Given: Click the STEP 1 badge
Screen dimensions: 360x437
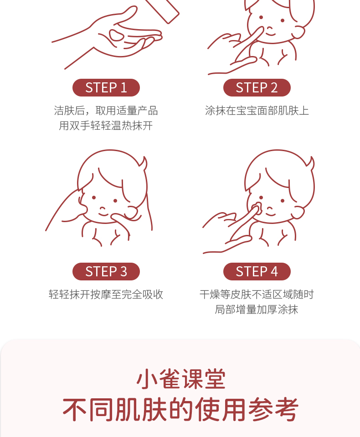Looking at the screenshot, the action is [106, 88].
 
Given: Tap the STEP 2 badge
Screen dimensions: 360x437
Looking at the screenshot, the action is [257, 88].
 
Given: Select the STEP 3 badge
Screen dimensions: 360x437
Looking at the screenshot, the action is [106, 271].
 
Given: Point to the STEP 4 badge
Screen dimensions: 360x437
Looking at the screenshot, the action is [257, 271].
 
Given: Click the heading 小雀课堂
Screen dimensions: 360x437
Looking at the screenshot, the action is [181, 379].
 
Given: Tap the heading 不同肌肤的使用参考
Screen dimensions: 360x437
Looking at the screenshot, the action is [180, 410].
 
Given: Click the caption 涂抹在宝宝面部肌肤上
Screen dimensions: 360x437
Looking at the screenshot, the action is [257, 111].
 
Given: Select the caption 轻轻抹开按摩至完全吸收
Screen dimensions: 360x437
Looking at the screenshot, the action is [106, 295].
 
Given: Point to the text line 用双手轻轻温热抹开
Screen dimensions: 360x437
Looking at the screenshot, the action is [106, 126].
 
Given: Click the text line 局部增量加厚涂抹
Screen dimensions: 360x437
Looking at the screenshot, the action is [257, 310].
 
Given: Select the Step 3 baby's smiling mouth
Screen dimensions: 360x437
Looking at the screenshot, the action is [103, 214].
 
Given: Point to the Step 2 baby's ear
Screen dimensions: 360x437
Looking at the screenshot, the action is [298, 32].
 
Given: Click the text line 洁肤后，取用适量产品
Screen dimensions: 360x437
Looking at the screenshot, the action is [106, 111].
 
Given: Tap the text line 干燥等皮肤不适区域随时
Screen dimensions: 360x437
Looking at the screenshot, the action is [257, 295].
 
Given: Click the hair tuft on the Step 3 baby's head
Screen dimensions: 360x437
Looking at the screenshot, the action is [144, 164].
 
